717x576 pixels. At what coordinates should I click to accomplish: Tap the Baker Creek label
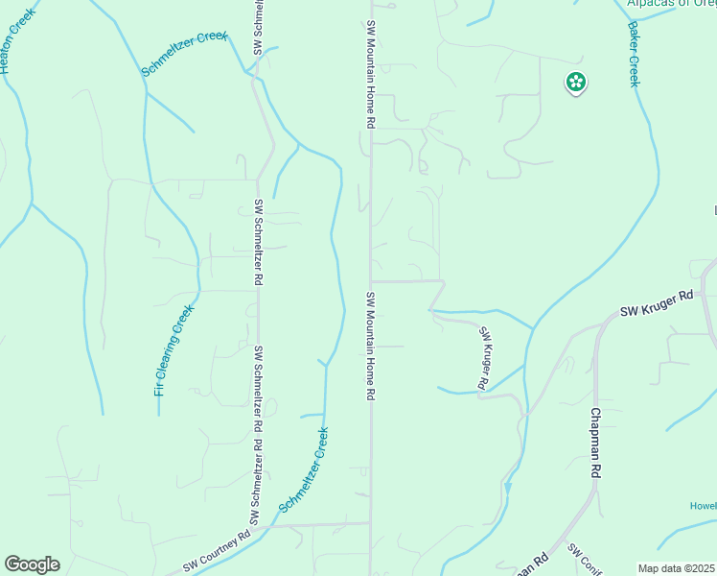[x=633, y=54]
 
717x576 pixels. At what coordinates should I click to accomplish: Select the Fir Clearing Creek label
[x=174, y=349]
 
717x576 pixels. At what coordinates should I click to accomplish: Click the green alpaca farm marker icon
[x=576, y=84]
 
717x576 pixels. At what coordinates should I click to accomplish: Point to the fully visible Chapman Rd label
[x=595, y=443]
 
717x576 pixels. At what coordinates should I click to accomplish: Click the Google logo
[x=32, y=564]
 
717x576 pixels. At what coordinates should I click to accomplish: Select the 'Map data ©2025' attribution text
[x=676, y=568]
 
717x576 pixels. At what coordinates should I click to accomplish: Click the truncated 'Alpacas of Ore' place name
[x=671, y=4]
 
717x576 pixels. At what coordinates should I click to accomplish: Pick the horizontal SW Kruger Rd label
[x=656, y=306]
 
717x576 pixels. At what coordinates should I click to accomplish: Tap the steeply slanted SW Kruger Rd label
[x=485, y=358]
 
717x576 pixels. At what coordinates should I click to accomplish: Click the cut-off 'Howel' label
[x=703, y=506]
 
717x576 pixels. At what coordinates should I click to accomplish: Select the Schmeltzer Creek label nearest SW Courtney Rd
[x=304, y=469]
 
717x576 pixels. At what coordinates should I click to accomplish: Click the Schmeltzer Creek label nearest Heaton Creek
[x=185, y=54]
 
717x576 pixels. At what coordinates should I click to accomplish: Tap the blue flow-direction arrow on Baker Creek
[x=508, y=487]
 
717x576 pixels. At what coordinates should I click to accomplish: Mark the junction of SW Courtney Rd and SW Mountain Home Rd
[x=371, y=523]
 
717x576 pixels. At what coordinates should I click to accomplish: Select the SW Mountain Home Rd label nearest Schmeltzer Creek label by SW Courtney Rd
[x=370, y=347]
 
